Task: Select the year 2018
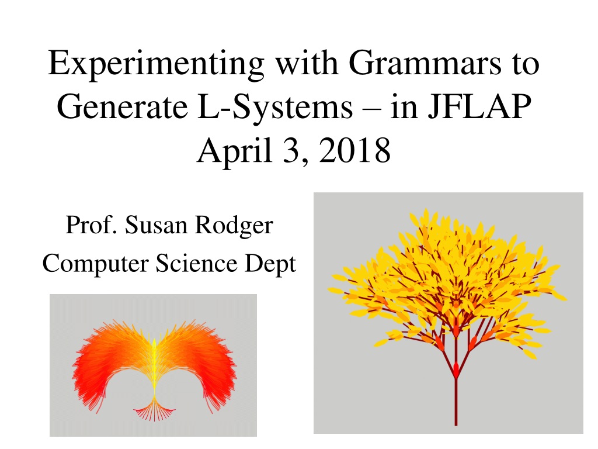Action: (354, 150)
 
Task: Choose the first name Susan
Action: (157, 224)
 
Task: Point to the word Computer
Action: (95, 264)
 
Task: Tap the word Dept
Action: (270, 264)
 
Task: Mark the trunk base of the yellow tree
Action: (456, 424)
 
